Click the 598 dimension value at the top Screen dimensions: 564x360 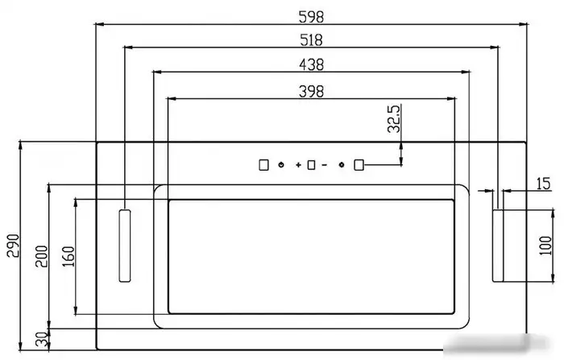pyautogui.click(x=311, y=17)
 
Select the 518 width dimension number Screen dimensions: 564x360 pyautogui.click(x=311, y=40)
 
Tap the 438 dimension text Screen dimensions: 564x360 pyautogui.click(x=311, y=64)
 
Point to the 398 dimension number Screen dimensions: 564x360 pyautogui.click(x=311, y=91)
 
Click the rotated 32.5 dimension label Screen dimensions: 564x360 pyautogui.click(x=394, y=118)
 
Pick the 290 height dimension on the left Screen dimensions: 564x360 pyautogui.click(x=14, y=246)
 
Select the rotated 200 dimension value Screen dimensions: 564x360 pyautogui.click(x=41, y=256)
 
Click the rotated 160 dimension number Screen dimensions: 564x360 pyautogui.click(x=68, y=256)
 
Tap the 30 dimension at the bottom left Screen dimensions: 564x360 pyautogui.click(x=42, y=339)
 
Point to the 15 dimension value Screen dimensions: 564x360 pyautogui.click(x=543, y=184)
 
